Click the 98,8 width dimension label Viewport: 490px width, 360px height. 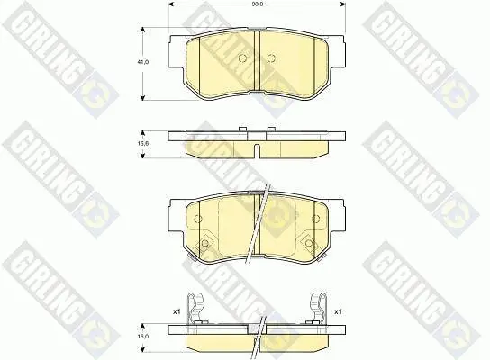[x=258, y=4]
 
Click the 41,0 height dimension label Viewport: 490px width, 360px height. [x=142, y=62]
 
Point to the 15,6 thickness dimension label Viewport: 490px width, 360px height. [x=143, y=144]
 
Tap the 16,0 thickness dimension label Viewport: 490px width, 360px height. [x=143, y=336]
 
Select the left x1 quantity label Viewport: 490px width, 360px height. [x=177, y=311]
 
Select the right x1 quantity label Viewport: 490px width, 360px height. [x=338, y=311]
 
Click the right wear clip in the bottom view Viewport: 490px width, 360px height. [x=318, y=308]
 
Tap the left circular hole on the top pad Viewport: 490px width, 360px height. [x=242, y=58]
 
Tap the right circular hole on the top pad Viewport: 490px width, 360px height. [x=271, y=58]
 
